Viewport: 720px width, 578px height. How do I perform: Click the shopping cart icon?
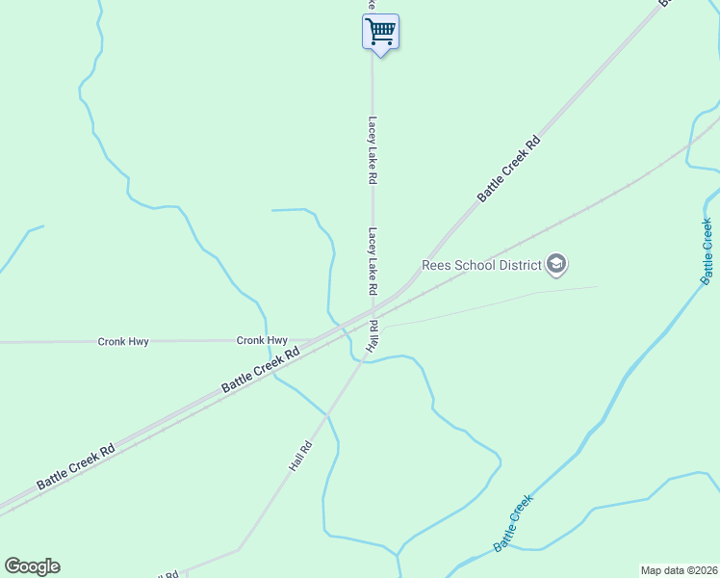tap(380, 31)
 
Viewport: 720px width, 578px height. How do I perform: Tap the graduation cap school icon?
tap(555, 263)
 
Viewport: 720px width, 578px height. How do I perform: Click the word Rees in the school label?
tap(437, 264)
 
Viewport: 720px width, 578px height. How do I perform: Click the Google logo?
tap(32, 566)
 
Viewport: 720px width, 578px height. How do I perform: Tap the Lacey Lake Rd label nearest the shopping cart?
tap(372, 150)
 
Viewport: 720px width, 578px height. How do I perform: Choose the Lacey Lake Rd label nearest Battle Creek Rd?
tap(372, 261)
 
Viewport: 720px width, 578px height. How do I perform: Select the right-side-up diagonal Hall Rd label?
tap(301, 456)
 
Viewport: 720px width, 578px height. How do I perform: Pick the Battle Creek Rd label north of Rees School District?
tap(509, 169)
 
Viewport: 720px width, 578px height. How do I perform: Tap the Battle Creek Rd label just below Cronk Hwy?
tap(261, 369)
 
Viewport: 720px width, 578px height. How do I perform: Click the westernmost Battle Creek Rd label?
tap(76, 466)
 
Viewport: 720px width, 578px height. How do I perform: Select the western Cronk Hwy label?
tap(123, 341)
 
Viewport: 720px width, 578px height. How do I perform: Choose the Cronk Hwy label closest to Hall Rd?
tap(262, 340)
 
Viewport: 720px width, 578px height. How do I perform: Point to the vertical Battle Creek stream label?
tap(707, 251)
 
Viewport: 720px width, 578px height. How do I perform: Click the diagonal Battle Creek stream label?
tap(512, 523)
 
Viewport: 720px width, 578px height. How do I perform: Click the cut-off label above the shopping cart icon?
tap(370, 6)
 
